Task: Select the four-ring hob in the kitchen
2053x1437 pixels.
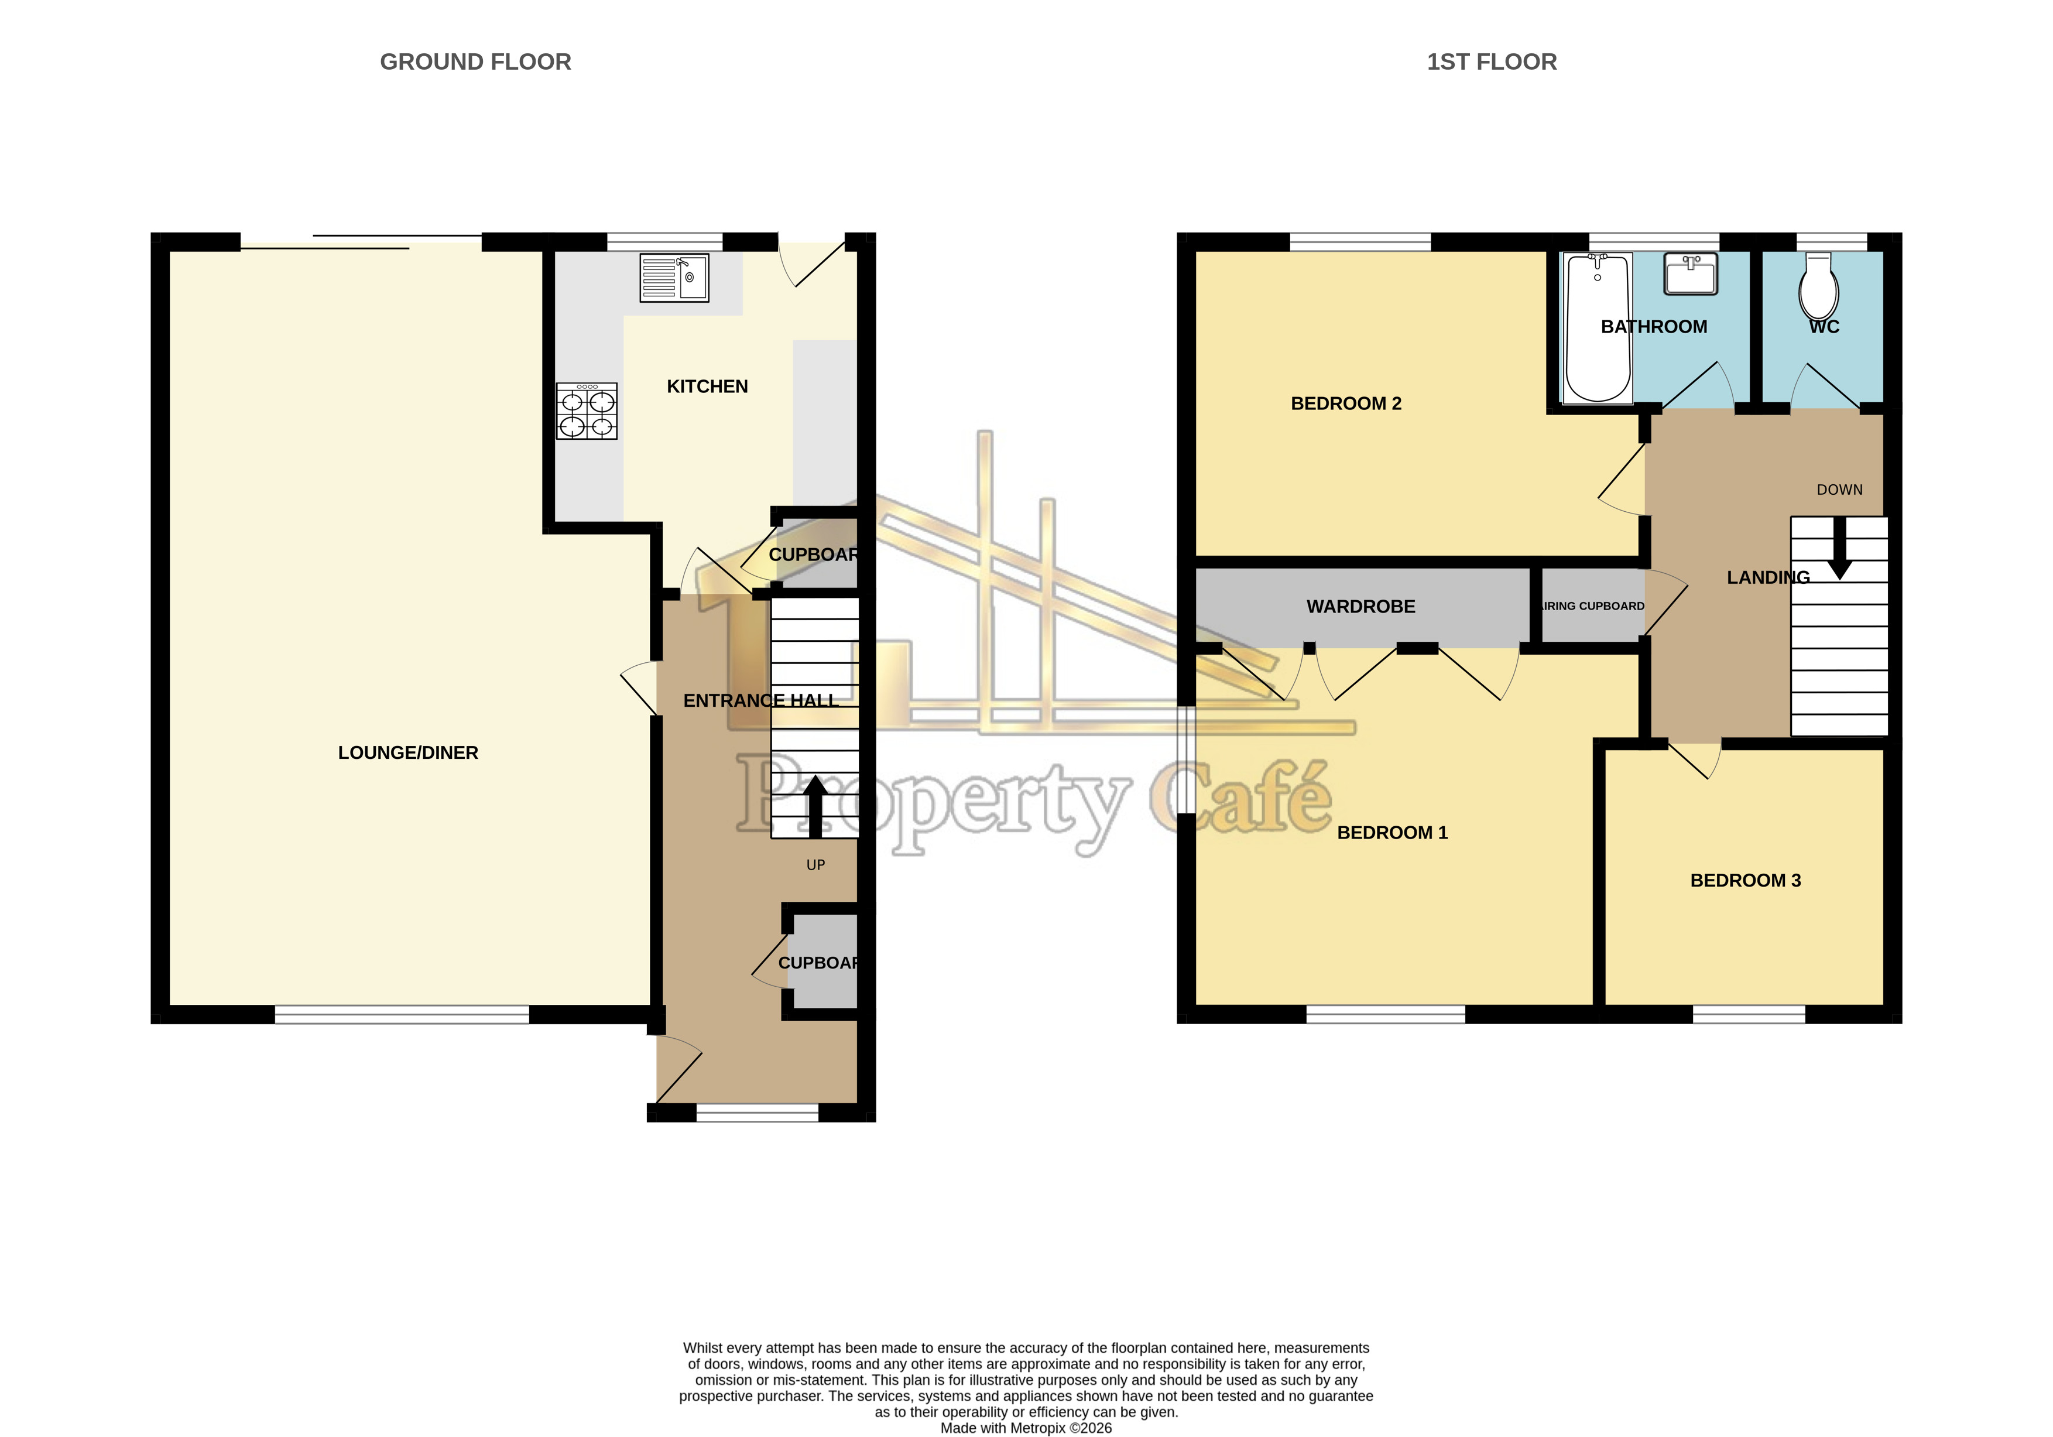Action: pos(587,411)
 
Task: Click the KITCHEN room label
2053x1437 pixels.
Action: pos(707,386)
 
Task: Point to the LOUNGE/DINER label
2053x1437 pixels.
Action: pos(408,753)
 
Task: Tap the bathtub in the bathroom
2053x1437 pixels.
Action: pos(1598,327)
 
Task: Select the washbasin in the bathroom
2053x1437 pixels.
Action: pos(1690,273)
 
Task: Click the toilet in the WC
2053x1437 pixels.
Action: pos(1819,287)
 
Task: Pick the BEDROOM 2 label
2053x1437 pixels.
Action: pos(1346,403)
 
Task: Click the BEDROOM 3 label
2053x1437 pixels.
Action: pos(1744,880)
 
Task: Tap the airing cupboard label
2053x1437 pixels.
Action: pos(1592,606)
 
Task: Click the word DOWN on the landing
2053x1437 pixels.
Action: pos(1839,490)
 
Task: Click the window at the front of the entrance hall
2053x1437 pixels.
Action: pos(756,1113)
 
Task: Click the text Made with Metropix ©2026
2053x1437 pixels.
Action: pos(1026,1428)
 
